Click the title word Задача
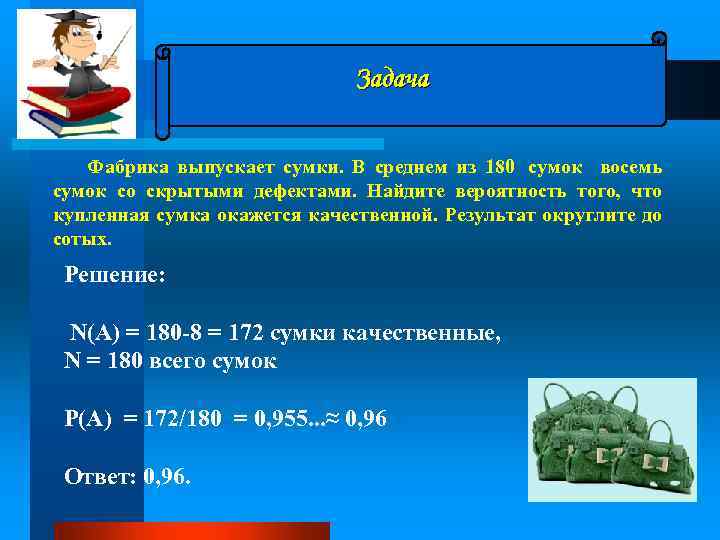(393, 79)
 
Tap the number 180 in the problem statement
(499, 166)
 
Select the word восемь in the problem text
(629, 166)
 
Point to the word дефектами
(306, 191)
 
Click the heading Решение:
(114, 275)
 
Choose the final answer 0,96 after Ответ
(165, 476)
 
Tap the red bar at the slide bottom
(191, 531)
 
